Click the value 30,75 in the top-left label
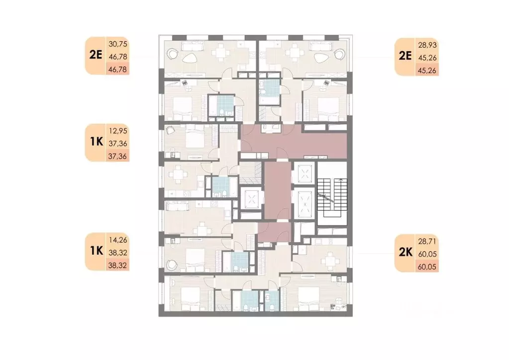(118, 44)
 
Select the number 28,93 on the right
(427, 45)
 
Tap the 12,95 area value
(118, 131)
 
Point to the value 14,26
(118, 240)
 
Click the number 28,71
(427, 242)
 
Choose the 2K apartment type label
(406, 252)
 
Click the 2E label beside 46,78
(96, 55)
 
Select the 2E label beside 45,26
(405, 56)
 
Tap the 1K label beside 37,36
(96, 142)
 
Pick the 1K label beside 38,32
(96, 251)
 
